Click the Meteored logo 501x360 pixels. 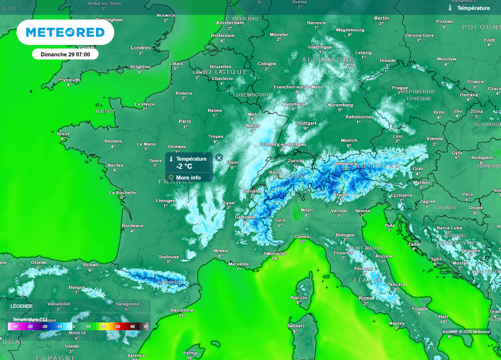coord(65,32)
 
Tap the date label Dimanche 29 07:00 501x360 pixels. coord(65,54)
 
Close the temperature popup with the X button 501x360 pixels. coord(219,157)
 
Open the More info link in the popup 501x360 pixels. coord(188,178)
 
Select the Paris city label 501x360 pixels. coord(185,121)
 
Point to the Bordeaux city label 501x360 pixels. coord(133,226)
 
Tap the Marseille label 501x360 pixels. coord(239,264)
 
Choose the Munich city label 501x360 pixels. coord(349,140)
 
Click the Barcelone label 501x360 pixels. coord(182,310)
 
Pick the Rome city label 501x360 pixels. coord(365,298)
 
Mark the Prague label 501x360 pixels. coord(400,88)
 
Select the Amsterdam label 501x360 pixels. coord(230,22)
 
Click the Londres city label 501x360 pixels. coord(141,48)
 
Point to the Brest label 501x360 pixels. coord(63,134)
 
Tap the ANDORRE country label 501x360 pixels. coord(171,282)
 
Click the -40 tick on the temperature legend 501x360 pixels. coord(15,326)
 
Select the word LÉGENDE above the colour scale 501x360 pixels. coord(22,306)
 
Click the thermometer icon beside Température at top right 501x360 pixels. coord(450,8)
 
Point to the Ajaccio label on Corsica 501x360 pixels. coord(298,297)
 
